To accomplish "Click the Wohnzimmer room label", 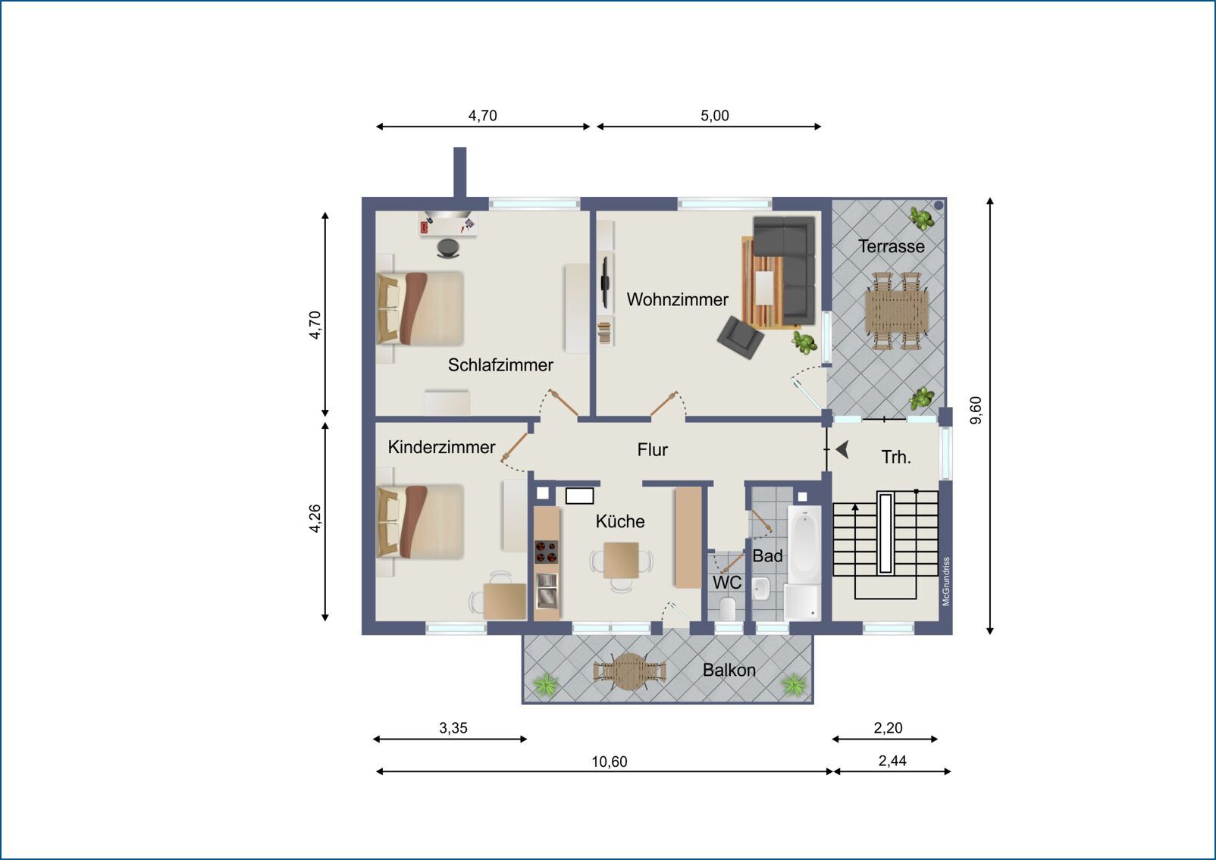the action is click(678, 299).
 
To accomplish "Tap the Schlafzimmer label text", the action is click(500, 365).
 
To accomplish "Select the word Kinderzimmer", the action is click(441, 447).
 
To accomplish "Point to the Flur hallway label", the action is click(653, 450).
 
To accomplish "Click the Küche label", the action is click(620, 521).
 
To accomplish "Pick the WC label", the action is click(727, 583).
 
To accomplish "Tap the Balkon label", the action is click(729, 670).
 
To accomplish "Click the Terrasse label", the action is click(892, 246).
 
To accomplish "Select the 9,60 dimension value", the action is click(976, 411).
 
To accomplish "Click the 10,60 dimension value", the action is click(609, 761).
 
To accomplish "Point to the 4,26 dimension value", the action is click(315, 519).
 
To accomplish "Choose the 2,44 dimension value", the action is click(892, 761).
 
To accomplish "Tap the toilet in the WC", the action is click(727, 608).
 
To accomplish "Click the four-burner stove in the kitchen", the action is click(547, 552).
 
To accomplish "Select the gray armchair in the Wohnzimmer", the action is click(740, 337).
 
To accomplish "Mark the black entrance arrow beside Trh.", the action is click(843, 450).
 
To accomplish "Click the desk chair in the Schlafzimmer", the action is click(448, 248).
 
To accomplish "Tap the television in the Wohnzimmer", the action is click(605, 282).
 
